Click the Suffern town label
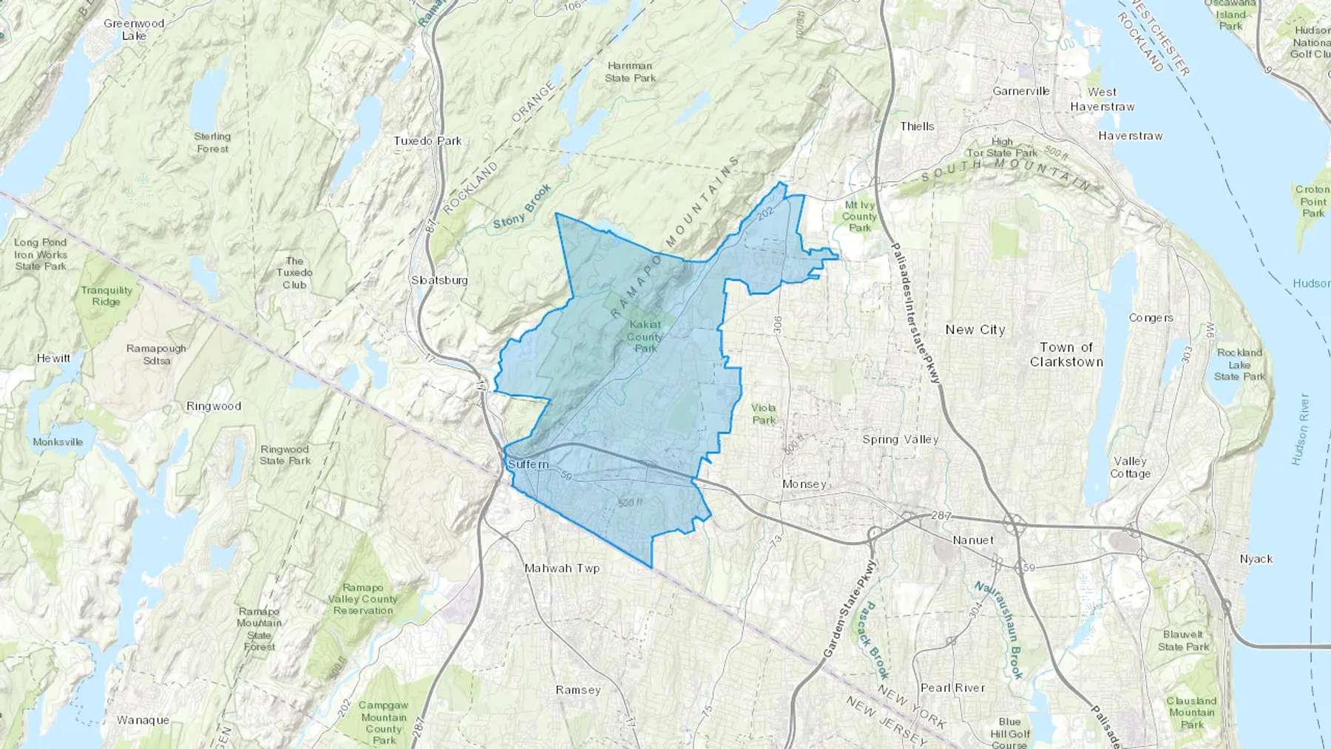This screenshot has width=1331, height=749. (528, 464)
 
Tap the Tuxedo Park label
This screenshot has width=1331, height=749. (427, 140)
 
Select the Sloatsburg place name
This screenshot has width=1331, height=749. (439, 280)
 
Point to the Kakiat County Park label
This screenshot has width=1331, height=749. (645, 336)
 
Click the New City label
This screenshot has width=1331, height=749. (975, 330)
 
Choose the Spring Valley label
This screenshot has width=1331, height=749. (900, 439)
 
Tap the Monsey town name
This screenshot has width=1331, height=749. (804, 484)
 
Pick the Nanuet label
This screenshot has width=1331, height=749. (972, 540)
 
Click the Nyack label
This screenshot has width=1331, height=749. (1256, 559)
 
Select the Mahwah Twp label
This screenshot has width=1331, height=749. (562, 569)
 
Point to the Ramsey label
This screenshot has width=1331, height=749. (578, 690)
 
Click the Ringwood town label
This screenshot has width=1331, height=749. (214, 406)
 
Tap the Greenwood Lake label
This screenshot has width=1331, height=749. (134, 30)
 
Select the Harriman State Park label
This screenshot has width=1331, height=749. (630, 72)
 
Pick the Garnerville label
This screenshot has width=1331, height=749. (1021, 91)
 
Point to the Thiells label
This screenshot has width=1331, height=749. (917, 126)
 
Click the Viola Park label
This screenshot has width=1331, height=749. (764, 414)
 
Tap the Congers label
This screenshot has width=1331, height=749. (1151, 318)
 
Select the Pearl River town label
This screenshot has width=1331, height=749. (952, 688)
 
